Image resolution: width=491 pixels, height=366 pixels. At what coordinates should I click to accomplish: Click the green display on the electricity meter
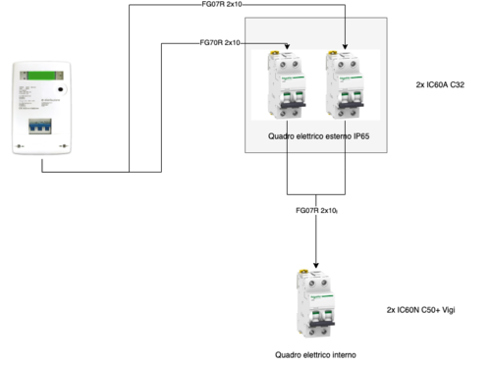coord(42,76)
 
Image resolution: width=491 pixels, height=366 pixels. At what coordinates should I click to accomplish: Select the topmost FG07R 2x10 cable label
coord(221,5)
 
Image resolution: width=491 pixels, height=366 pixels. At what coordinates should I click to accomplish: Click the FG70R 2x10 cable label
coord(220,43)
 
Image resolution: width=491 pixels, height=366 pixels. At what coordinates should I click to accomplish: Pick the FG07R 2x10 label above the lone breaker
coord(316,211)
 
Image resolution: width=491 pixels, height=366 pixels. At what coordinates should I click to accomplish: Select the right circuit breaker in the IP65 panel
coord(346,86)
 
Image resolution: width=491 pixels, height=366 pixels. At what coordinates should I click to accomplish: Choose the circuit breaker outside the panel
coord(315,304)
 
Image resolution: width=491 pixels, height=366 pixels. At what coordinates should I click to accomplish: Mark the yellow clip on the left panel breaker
coord(286,54)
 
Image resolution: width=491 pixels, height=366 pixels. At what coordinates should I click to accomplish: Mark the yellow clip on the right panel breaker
coord(346,54)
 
